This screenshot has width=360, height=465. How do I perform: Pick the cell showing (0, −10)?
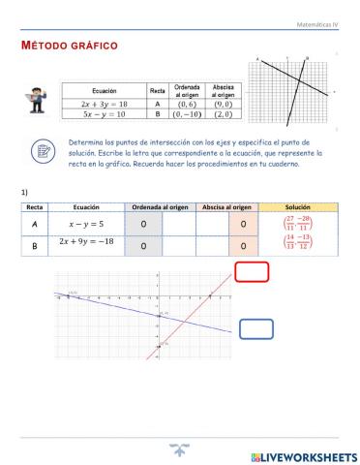(x=186, y=113)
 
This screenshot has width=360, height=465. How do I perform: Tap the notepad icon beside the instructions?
(x=43, y=151)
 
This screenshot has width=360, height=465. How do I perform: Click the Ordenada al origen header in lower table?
(x=161, y=207)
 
